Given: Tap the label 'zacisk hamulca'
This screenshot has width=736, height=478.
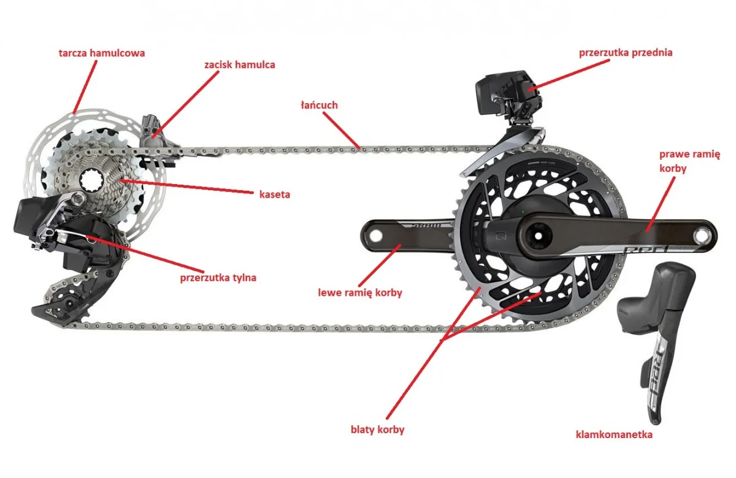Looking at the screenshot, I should [x=239, y=64].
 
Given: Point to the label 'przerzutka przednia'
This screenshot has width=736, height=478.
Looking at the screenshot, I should [x=626, y=53].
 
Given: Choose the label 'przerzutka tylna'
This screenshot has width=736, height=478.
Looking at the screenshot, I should [x=218, y=277].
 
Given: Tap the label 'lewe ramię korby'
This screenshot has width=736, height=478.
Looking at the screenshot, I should [x=360, y=293].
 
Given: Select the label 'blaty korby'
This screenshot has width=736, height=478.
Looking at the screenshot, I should [x=377, y=430].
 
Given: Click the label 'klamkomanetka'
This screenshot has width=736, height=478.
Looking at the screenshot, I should [x=614, y=435].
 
